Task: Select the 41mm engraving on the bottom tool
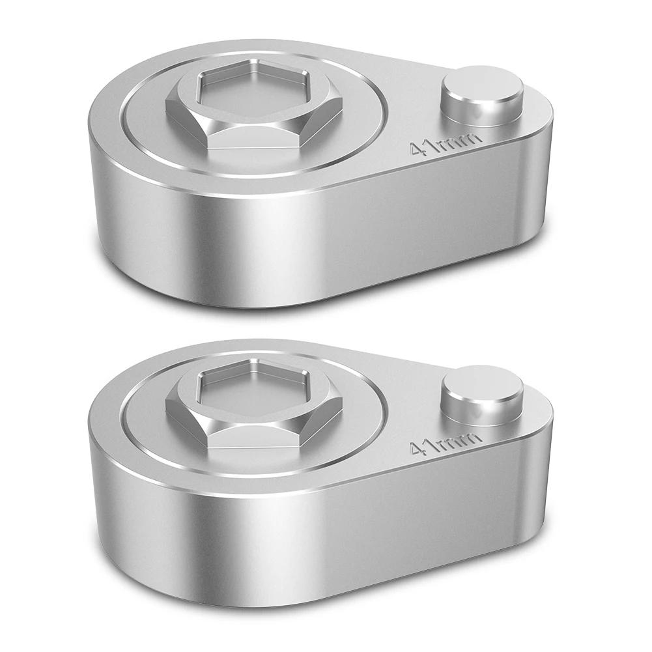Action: (446, 443)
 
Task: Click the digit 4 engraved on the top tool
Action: (417, 150)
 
